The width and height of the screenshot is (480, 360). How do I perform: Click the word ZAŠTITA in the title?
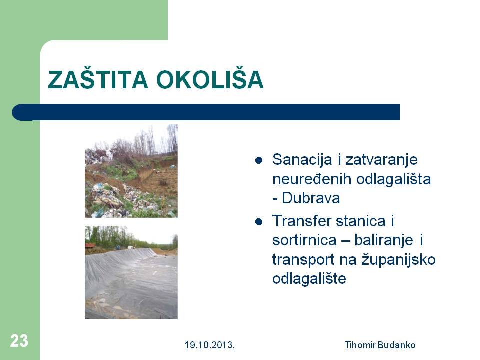98,79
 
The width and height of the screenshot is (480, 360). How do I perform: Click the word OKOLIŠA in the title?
210,79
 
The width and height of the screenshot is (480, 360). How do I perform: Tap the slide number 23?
19,340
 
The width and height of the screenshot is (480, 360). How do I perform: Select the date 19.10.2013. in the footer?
209,345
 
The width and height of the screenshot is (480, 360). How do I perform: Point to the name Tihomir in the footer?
360,345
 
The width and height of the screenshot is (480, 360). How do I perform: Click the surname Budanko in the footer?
396,345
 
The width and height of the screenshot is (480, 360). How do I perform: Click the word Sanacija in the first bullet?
302,160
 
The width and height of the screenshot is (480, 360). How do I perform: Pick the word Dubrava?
311,198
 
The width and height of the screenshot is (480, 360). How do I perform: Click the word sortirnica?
304,240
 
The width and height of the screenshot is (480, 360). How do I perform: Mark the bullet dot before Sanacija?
259,160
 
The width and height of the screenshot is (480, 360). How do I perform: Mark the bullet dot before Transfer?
259,221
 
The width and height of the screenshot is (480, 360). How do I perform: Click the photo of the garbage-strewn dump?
131,171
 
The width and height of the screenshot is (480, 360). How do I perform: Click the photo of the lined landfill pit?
131,272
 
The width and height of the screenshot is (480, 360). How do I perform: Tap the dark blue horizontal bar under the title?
206,112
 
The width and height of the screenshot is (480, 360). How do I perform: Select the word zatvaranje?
381,160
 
